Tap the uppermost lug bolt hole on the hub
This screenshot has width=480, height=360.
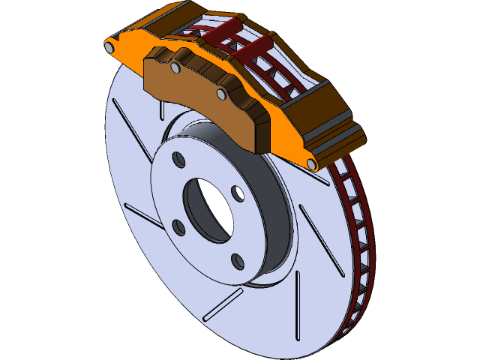[178, 160]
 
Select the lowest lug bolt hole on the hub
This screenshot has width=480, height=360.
[237, 260]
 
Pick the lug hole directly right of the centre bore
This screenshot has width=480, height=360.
[238, 195]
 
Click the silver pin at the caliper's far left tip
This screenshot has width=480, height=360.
[110, 47]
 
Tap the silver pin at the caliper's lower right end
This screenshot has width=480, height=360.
[312, 163]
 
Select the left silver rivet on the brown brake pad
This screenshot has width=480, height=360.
[175, 68]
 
